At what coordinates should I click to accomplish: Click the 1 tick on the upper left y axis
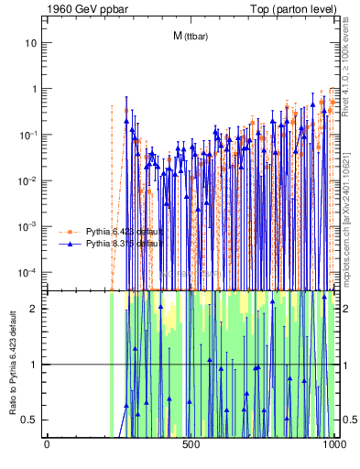35,89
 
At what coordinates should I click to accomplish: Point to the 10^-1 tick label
28,135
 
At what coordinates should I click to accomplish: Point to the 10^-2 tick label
28,180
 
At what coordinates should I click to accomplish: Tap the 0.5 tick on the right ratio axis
346,420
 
